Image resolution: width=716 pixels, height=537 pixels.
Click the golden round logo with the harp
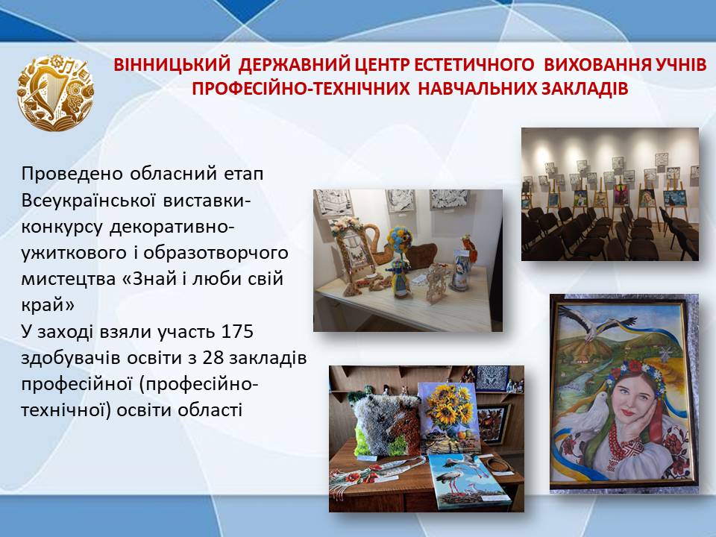55,93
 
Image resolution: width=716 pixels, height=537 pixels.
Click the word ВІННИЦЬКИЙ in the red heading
172,65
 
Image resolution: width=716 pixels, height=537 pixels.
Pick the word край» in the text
48,305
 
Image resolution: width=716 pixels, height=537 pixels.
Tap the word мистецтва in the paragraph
69,279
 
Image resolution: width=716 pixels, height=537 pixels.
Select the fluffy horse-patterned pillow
386,424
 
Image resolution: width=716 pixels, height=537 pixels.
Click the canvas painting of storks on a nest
467,481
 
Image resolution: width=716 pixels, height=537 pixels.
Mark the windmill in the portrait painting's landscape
664,353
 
